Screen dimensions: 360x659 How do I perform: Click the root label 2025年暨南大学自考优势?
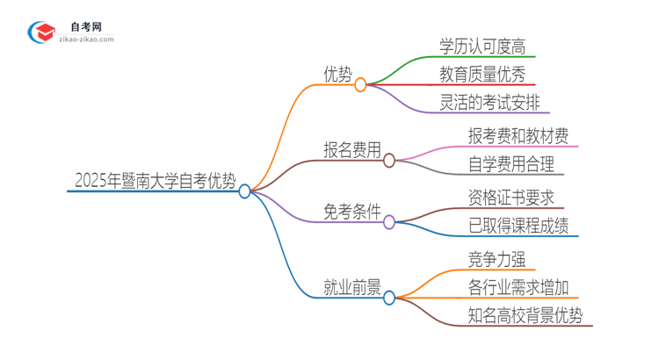tap(155, 181)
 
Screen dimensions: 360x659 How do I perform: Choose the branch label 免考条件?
tap(352, 212)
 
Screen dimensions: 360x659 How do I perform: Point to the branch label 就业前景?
tap(352, 286)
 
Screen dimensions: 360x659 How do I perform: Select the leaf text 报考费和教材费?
tap(518, 135)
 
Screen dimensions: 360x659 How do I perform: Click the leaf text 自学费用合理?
tap(511, 164)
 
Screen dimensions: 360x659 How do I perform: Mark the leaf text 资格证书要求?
tap(511, 197)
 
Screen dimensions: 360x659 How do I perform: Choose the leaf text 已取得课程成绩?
tap(518, 226)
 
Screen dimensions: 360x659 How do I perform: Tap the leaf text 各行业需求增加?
tap(518, 287)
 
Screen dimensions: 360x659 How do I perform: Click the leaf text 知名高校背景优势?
tap(525, 315)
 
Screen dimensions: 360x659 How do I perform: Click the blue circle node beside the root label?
tap(245, 191)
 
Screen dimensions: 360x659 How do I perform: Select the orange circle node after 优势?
tap(360, 85)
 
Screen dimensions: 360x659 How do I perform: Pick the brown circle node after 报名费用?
tap(389, 160)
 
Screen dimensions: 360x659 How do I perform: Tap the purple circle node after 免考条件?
tap(389, 222)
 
